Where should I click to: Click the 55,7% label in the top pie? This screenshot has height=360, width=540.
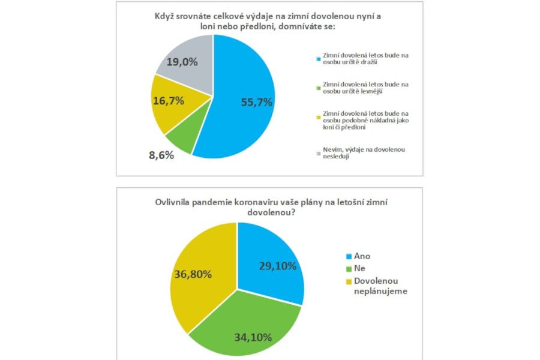257,103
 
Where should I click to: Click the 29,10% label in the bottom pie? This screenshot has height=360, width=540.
277,265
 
